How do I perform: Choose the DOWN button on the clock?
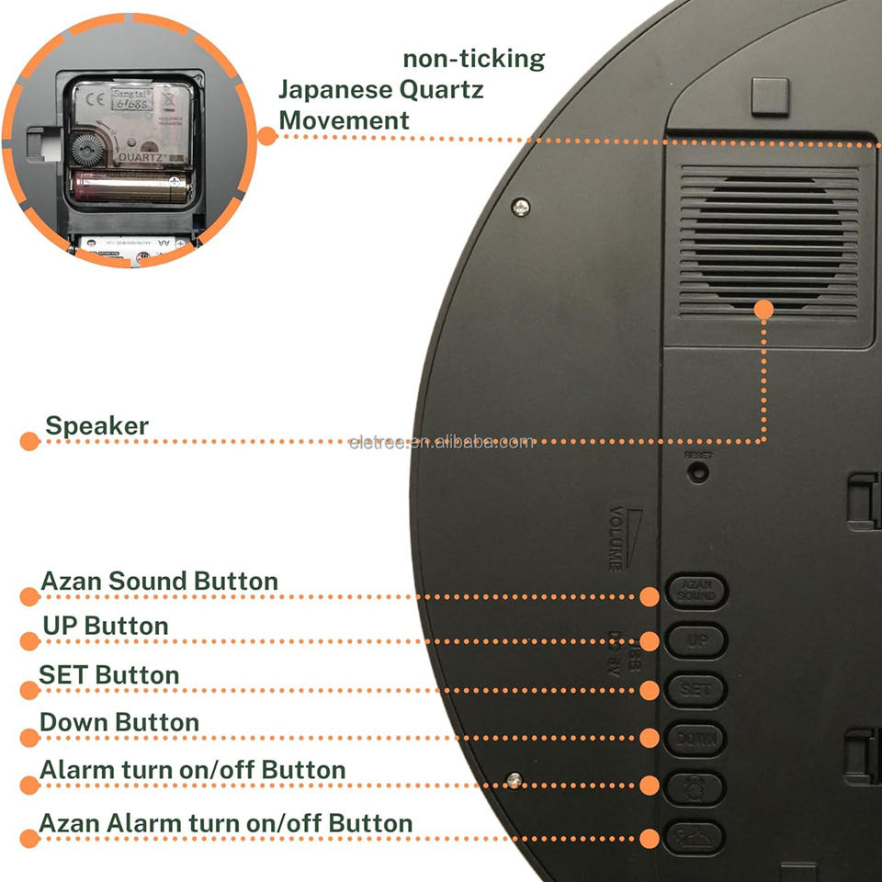tap(696, 738)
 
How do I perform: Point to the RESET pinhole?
tap(699, 471)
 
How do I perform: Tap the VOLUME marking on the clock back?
tap(616, 538)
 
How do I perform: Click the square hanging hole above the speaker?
tap(770, 96)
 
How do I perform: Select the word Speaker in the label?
tap(96, 426)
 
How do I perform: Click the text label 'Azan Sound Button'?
tap(159, 582)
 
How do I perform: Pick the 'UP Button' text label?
tap(105, 627)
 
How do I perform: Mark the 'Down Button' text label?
tap(119, 723)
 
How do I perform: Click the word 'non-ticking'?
tap(473, 60)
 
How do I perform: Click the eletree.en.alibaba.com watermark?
tap(441, 442)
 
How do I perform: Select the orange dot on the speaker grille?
tap(763, 310)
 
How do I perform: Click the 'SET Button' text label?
tap(108, 675)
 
